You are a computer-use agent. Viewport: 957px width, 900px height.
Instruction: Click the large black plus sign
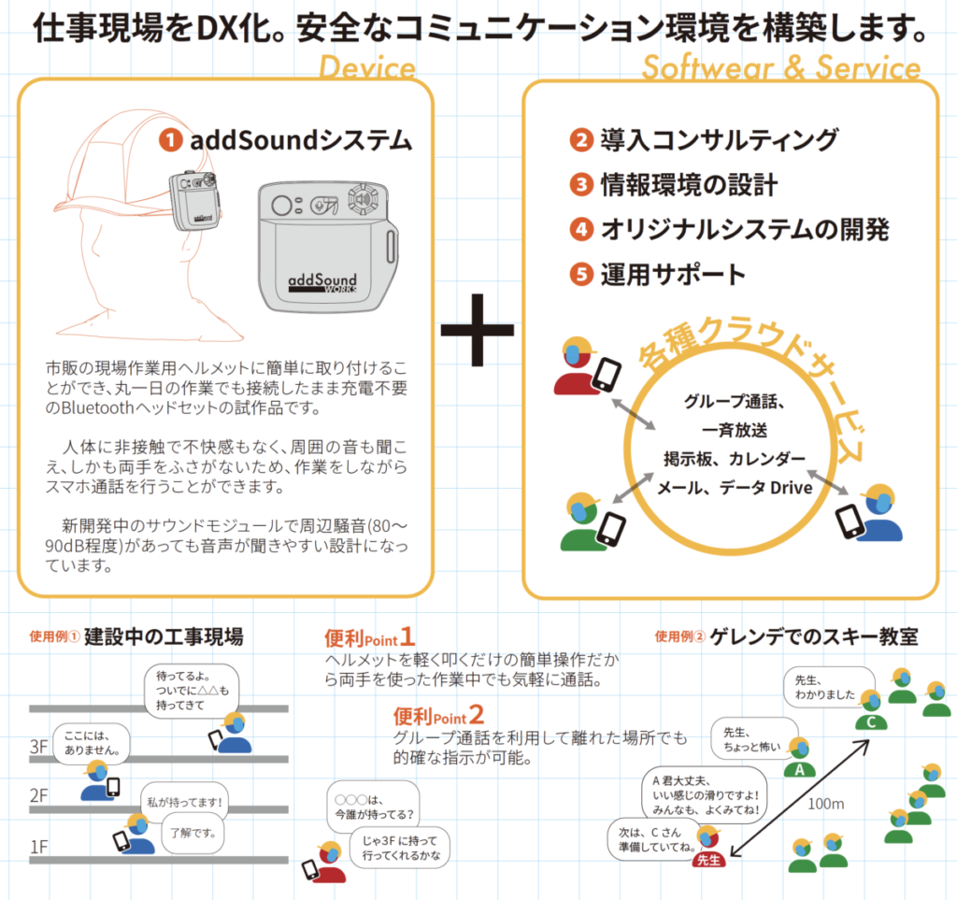point(478,330)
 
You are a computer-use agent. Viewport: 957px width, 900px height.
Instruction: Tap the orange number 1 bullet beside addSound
point(170,140)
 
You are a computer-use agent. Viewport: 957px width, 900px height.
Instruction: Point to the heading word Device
point(367,68)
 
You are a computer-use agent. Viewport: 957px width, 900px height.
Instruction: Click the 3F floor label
point(38,747)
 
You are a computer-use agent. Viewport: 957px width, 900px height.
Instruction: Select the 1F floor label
point(38,847)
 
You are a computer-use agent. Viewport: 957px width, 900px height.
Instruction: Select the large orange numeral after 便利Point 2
point(477,716)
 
